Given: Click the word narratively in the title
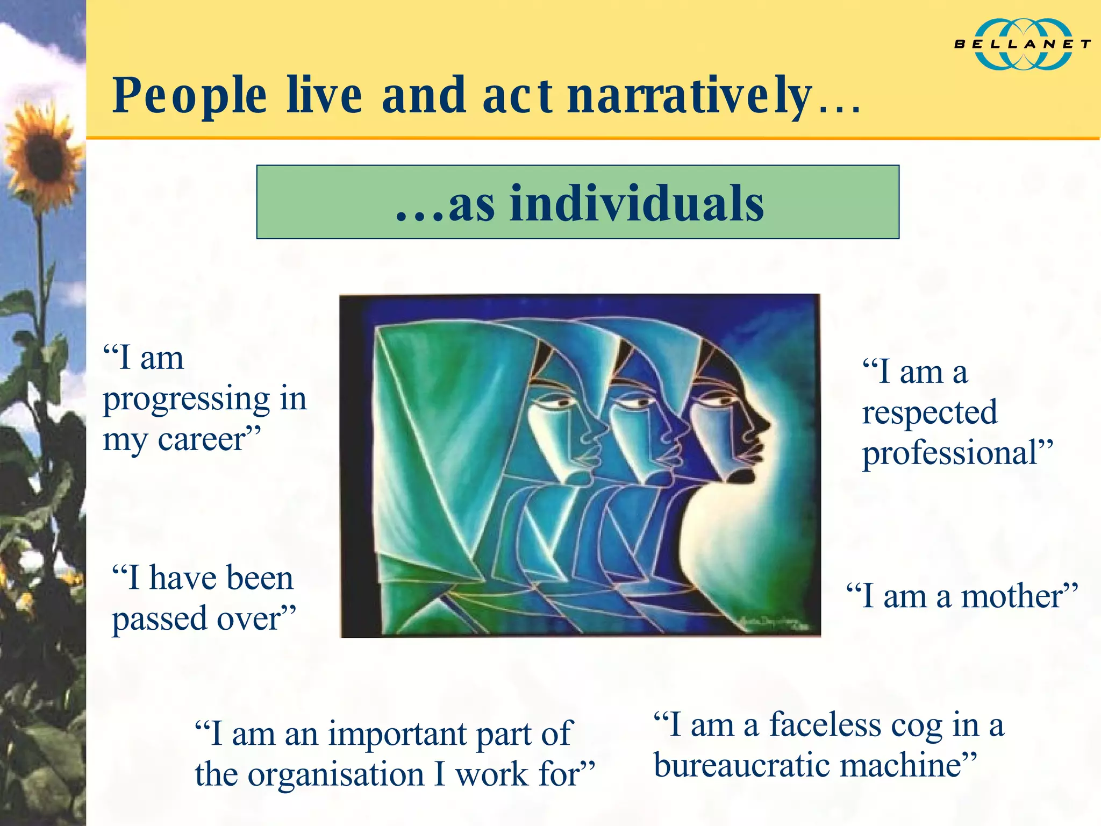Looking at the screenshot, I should point(690,96).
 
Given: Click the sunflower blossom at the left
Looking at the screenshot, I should point(43,156).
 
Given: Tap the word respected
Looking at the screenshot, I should point(930,413).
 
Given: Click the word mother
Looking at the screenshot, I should point(1011,597).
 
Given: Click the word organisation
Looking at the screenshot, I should point(337,775).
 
